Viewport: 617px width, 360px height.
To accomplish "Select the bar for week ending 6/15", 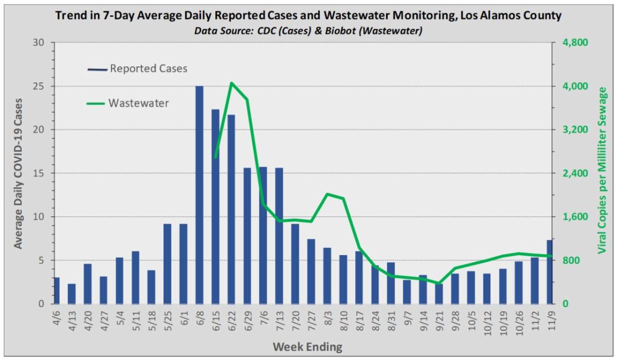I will tap(215, 206).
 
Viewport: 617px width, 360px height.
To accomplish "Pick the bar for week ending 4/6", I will tap(56, 290).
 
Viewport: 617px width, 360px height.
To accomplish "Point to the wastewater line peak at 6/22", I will tap(231, 83).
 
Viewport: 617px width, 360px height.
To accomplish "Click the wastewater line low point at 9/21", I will tap(438, 283).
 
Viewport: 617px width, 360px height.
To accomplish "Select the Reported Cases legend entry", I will tap(138, 68).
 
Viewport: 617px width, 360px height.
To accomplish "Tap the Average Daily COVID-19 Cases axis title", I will tap(18, 173).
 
